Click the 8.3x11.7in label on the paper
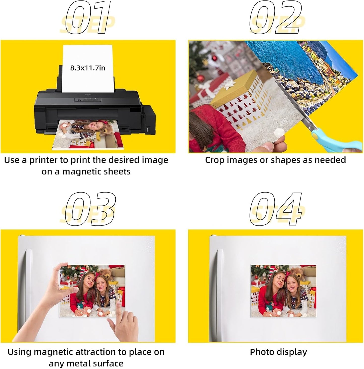pos(88,68)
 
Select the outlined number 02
pos(276,18)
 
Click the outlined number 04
pos(276,209)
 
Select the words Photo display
pos(278,352)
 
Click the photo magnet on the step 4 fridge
pos(284,291)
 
